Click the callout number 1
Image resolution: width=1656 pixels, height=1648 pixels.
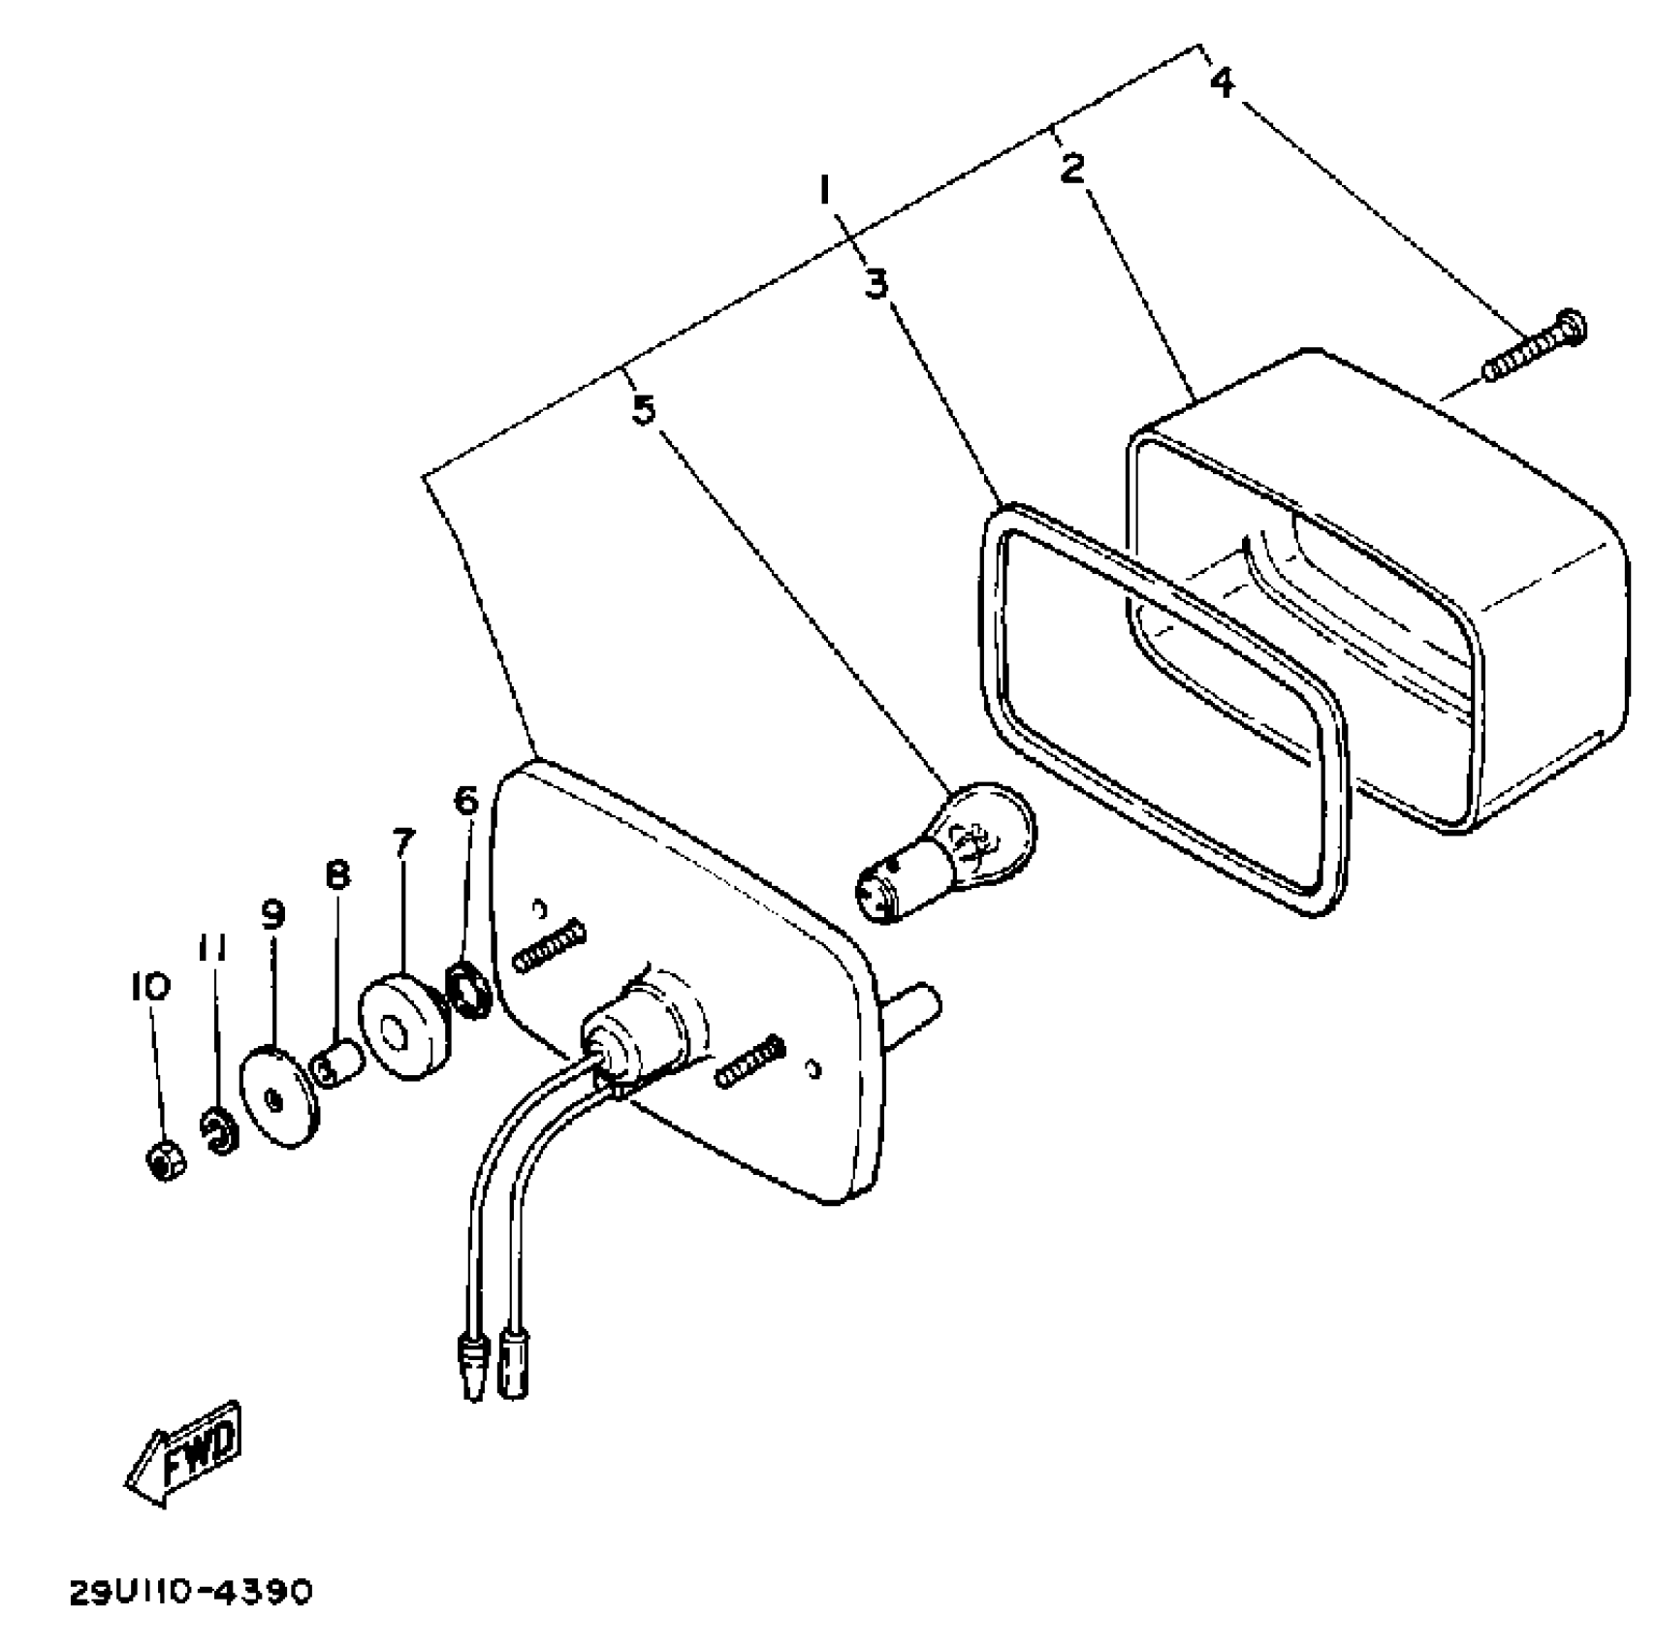click(825, 190)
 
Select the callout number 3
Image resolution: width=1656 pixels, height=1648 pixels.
click(876, 284)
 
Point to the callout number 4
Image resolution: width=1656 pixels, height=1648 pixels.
click(1223, 81)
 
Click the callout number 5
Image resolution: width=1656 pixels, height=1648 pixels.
click(644, 410)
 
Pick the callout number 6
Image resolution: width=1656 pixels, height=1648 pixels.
click(466, 801)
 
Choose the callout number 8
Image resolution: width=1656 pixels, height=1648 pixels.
click(337, 876)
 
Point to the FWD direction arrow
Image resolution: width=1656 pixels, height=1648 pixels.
click(184, 1455)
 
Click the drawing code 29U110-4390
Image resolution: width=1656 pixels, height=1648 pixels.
click(191, 1593)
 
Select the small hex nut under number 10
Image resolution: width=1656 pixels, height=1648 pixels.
click(166, 1160)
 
